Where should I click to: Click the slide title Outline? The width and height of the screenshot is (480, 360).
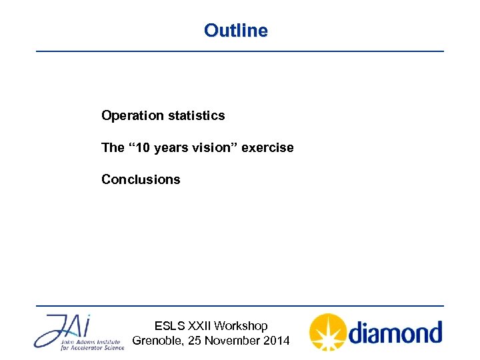(236, 31)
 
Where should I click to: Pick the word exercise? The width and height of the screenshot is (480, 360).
(267, 147)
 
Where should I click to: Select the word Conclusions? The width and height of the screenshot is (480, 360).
(141, 179)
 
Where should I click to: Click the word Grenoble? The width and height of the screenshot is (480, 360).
(157, 341)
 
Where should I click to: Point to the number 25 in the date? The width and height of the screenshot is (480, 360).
(195, 341)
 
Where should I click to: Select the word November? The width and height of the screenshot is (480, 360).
(231, 341)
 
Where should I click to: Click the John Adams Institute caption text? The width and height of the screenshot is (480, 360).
(91, 343)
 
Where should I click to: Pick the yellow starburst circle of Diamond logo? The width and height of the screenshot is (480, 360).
(327, 332)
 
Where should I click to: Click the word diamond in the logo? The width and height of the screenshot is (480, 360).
(395, 331)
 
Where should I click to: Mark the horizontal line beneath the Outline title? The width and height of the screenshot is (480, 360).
(239, 51)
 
